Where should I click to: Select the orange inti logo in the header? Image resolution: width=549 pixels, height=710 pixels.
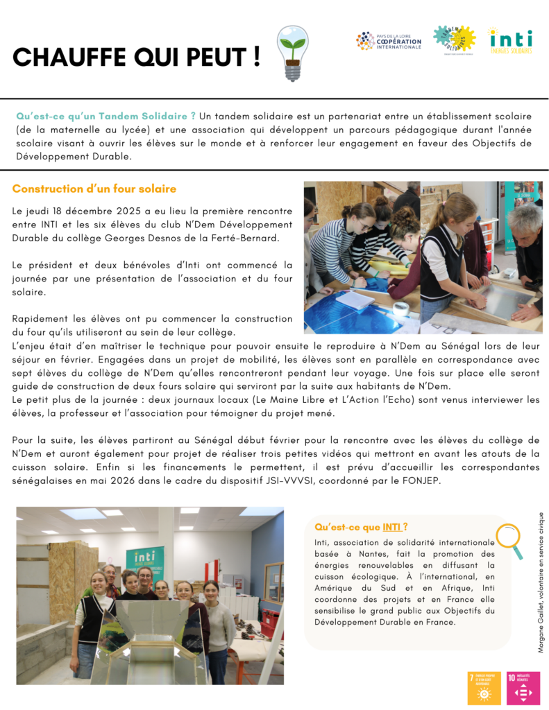(510, 42)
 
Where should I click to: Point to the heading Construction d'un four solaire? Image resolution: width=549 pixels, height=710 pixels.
(94, 189)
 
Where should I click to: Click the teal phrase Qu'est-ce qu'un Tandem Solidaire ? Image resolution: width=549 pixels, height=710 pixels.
(105, 115)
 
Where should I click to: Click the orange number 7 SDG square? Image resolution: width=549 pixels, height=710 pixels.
(484, 688)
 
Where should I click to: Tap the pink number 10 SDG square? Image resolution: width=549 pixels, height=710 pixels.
(523, 688)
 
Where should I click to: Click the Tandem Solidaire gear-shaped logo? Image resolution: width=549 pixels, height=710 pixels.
(454, 40)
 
